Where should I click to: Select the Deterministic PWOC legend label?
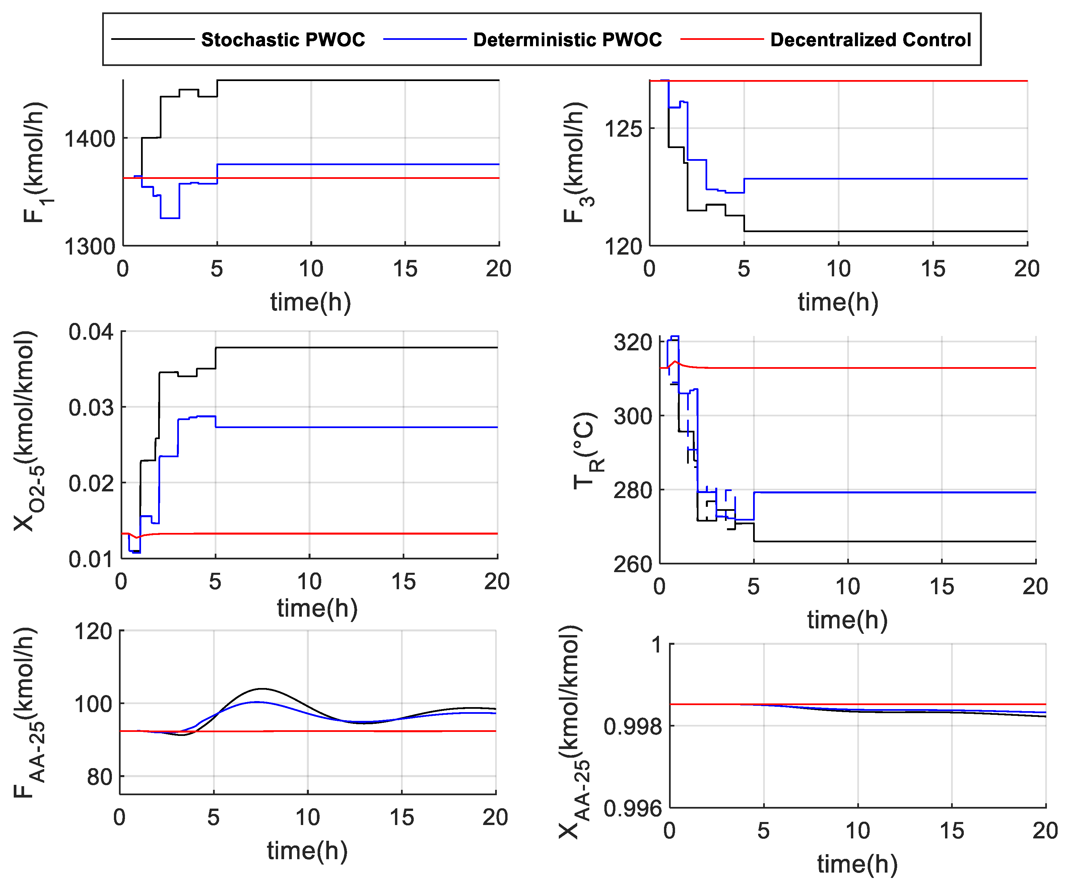coord(567,40)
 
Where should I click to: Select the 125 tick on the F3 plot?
coord(623,129)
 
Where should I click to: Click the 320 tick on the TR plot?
coord(633,343)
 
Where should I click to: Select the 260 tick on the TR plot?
coord(633,564)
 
